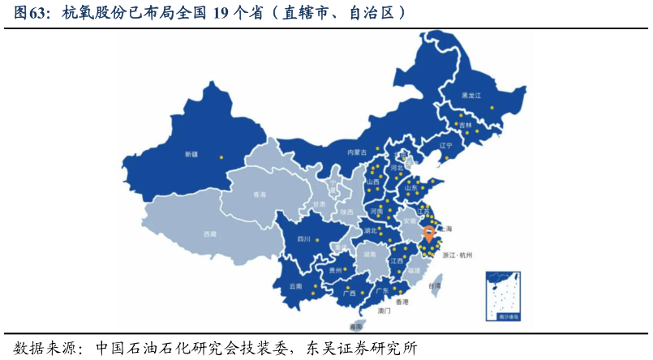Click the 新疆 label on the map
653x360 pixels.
pyautogui.click(x=191, y=154)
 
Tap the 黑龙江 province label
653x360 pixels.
pyautogui.click(x=471, y=96)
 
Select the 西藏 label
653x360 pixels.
pyautogui.click(x=210, y=234)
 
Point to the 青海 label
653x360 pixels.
pyautogui.click(x=260, y=195)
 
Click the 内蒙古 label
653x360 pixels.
pyautogui.click(x=357, y=152)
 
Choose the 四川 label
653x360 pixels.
pyautogui.click(x=304, y=239)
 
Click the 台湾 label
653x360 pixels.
pyautogui.click(x=436, y=285)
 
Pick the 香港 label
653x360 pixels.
pyautogui.click(x=402, y=302)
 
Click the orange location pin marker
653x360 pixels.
pyautogui.click(x=429, y=236)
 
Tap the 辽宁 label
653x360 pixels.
pyautogui.click(x=446, y=146)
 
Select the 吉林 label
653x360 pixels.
pyautogui.click(x=465, y=126)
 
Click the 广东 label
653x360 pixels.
pyautogui.click(x=382, y=290)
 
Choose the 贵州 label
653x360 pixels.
pyautogui.click(x=335, y=270)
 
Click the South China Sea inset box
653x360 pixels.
pyautogui.click(x=503, y=296)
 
